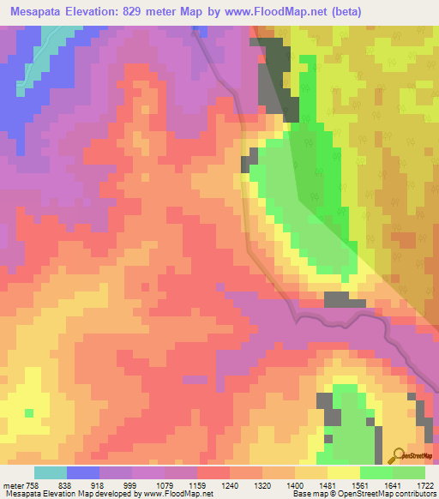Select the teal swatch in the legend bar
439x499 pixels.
tap(51, 472)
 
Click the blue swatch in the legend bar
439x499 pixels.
tap(83, 472)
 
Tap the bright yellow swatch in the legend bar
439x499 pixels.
tap(343, 472)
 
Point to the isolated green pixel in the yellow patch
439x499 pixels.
tap(29, 413)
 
